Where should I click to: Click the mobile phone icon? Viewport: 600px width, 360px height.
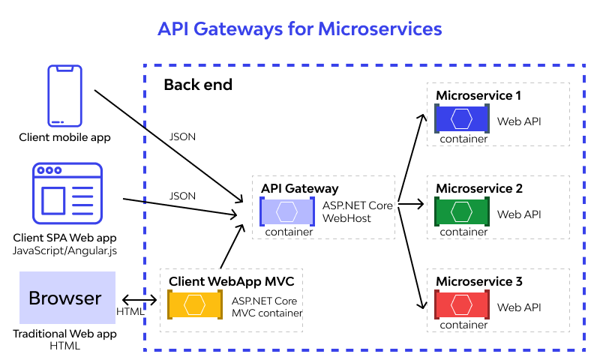tap(64, 96)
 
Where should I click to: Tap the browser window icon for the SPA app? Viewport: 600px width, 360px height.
tap(67, 193)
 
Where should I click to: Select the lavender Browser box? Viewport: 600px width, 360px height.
tap(67, 298)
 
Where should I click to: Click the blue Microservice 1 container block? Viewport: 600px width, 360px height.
tap(462, 118)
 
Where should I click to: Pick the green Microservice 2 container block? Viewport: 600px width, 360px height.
tap(462, 211)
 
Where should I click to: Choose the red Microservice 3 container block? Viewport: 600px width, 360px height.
tap(462, 304)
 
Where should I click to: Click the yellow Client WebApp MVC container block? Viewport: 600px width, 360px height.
tap(195, 304)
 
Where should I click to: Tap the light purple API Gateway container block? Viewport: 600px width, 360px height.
tap(287, 211)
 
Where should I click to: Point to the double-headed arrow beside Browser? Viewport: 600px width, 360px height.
tap(139, 300)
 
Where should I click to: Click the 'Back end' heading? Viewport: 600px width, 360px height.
tap(198, 85)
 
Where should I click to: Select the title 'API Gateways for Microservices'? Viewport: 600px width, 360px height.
tap(299, 29)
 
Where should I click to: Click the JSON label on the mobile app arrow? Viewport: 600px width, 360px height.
tap(182, 136)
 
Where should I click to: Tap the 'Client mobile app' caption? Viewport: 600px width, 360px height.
tap(64, 137)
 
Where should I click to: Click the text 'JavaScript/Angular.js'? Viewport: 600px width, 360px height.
tap(64, 250)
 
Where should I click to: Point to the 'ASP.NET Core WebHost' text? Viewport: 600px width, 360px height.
tap(358, 211)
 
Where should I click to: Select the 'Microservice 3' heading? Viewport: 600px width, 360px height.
tap(479, 281)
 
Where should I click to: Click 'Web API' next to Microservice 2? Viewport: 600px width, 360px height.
tap(519, 214)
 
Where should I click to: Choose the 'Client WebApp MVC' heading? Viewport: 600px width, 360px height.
tap(231, 281)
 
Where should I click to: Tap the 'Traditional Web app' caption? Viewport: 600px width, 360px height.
tap(64, 334)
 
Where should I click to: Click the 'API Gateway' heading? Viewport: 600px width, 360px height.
tap(299, 188)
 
